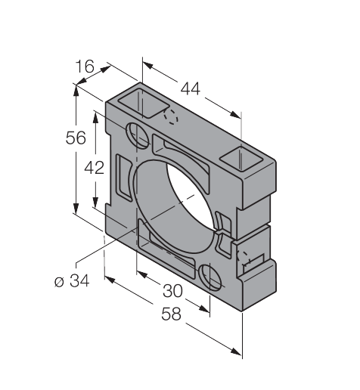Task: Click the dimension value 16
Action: pyautogui.click(x=85, y=67)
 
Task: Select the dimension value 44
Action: pyautogui.click(x=191, y=88)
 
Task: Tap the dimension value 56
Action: pyautogui.click(x=76, y=138)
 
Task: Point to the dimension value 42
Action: pyautogui.click(x=94, y=168)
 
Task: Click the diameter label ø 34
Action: pyautogui.click(x=72, y=280)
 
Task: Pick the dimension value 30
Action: pyautogui.click(x=172, y=291)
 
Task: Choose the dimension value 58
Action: pyautogui.click(x=171, y=314)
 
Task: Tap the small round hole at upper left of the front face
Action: pyautogui.click(x=138, y=135)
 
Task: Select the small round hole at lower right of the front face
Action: pyautogui.click(x=209, y=277)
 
